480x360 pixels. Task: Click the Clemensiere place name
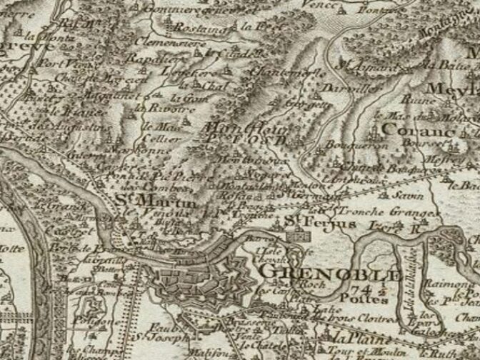coord(173,42)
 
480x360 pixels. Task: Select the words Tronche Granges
coord(375,212)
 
